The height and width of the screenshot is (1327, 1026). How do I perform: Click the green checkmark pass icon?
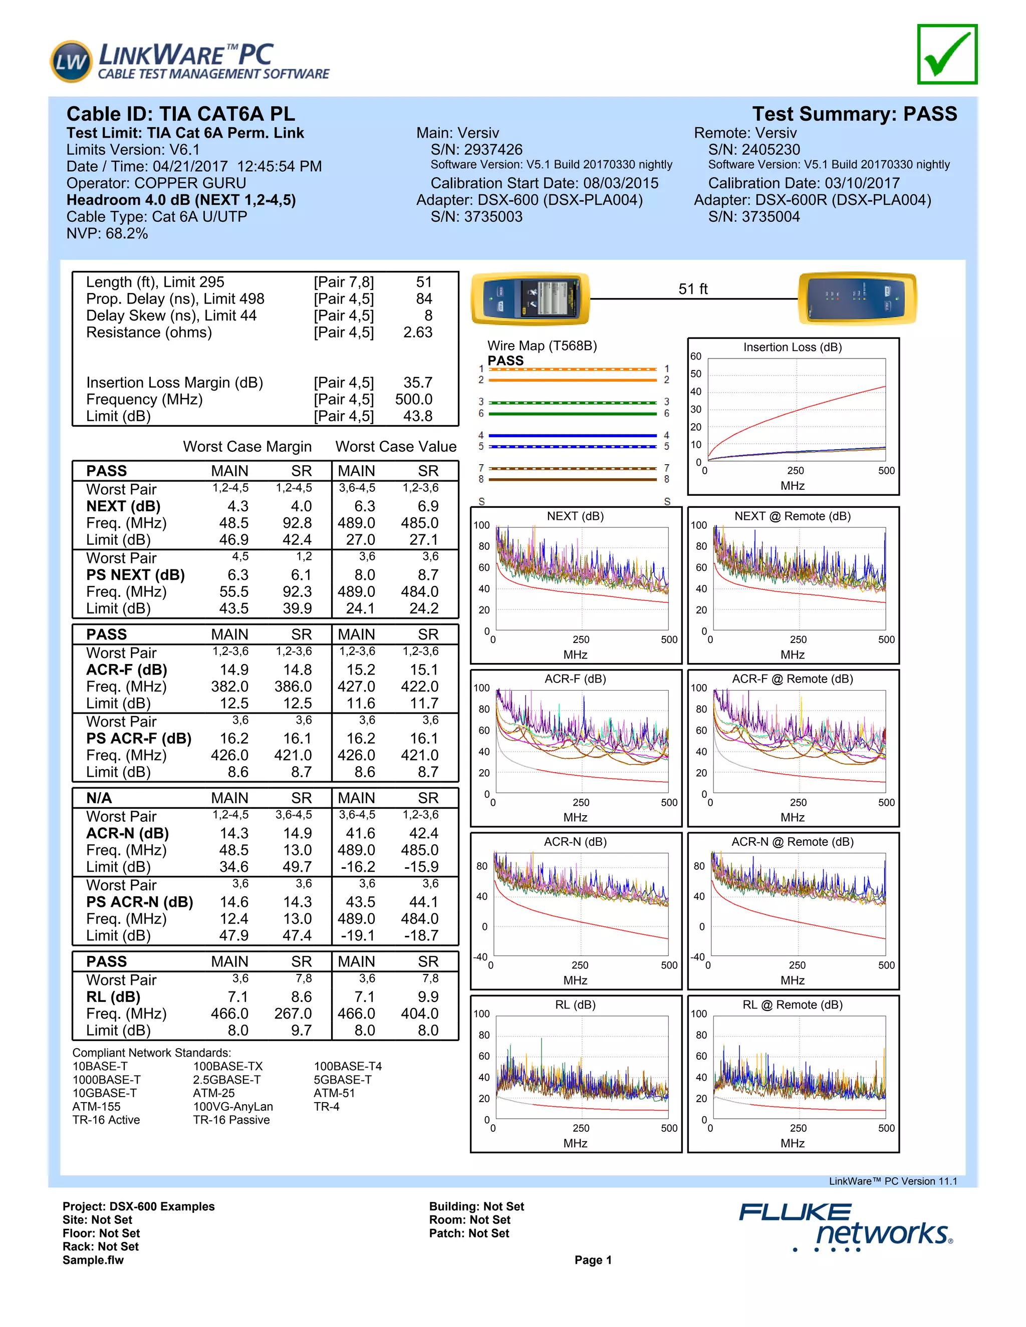[x=946, y=55]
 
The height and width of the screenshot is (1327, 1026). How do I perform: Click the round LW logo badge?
[x=71, y=62]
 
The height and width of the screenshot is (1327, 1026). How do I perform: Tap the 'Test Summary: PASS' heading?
[x=854, y=114]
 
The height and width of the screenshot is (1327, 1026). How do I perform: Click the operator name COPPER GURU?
[x=190, y=183]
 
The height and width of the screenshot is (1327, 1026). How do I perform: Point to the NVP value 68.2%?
[x=126, y=234]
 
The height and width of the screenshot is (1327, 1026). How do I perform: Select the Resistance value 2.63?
[x=418, y=333]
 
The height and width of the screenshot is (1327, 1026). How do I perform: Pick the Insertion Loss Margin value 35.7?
[x=418, y=383]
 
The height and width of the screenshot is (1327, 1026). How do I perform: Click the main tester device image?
[x=531, y=298]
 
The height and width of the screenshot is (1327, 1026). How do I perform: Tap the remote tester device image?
[x=857, y=298]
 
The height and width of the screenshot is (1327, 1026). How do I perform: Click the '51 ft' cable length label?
[x=693, y=289]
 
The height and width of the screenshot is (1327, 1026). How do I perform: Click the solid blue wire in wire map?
[x=573, y=436]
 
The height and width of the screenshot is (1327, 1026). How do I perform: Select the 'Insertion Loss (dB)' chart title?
[x=792, y=348]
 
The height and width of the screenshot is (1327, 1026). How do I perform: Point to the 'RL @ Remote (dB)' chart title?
[x=792, y=1005]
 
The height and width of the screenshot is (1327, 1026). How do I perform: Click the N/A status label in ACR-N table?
[x=99, y=798]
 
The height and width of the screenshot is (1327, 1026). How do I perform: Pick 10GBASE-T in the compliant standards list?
[x=105, y=1093]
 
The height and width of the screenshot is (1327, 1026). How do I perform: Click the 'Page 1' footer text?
[x=593, y=1260]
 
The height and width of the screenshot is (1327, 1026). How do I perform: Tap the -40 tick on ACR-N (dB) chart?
[x=480, y=957]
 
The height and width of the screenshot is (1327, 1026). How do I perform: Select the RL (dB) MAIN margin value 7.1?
[x=237, y=997]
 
